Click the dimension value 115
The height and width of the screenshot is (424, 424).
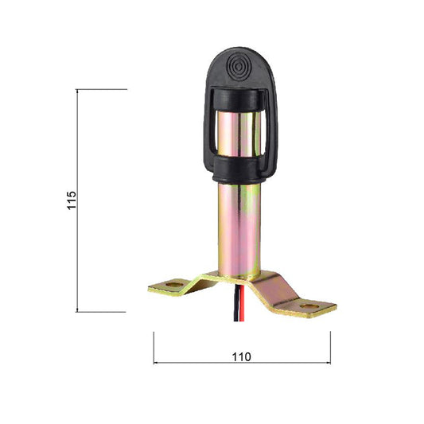[x=72, y=200]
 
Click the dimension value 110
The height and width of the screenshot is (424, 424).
[x=242, y=357]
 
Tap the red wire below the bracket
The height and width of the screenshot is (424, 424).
[x=243, y=303]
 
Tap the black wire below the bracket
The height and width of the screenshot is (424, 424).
[x=236, y=303]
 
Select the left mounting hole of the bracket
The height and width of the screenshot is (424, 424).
[x=174, y=285]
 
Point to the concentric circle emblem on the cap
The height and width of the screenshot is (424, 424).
[x=239, y=66]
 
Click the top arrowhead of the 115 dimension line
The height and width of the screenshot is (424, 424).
[x=77, y=91]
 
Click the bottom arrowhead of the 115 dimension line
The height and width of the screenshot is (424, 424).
[x=77, y=309]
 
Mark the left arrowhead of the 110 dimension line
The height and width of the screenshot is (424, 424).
[x=156, y=363]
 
